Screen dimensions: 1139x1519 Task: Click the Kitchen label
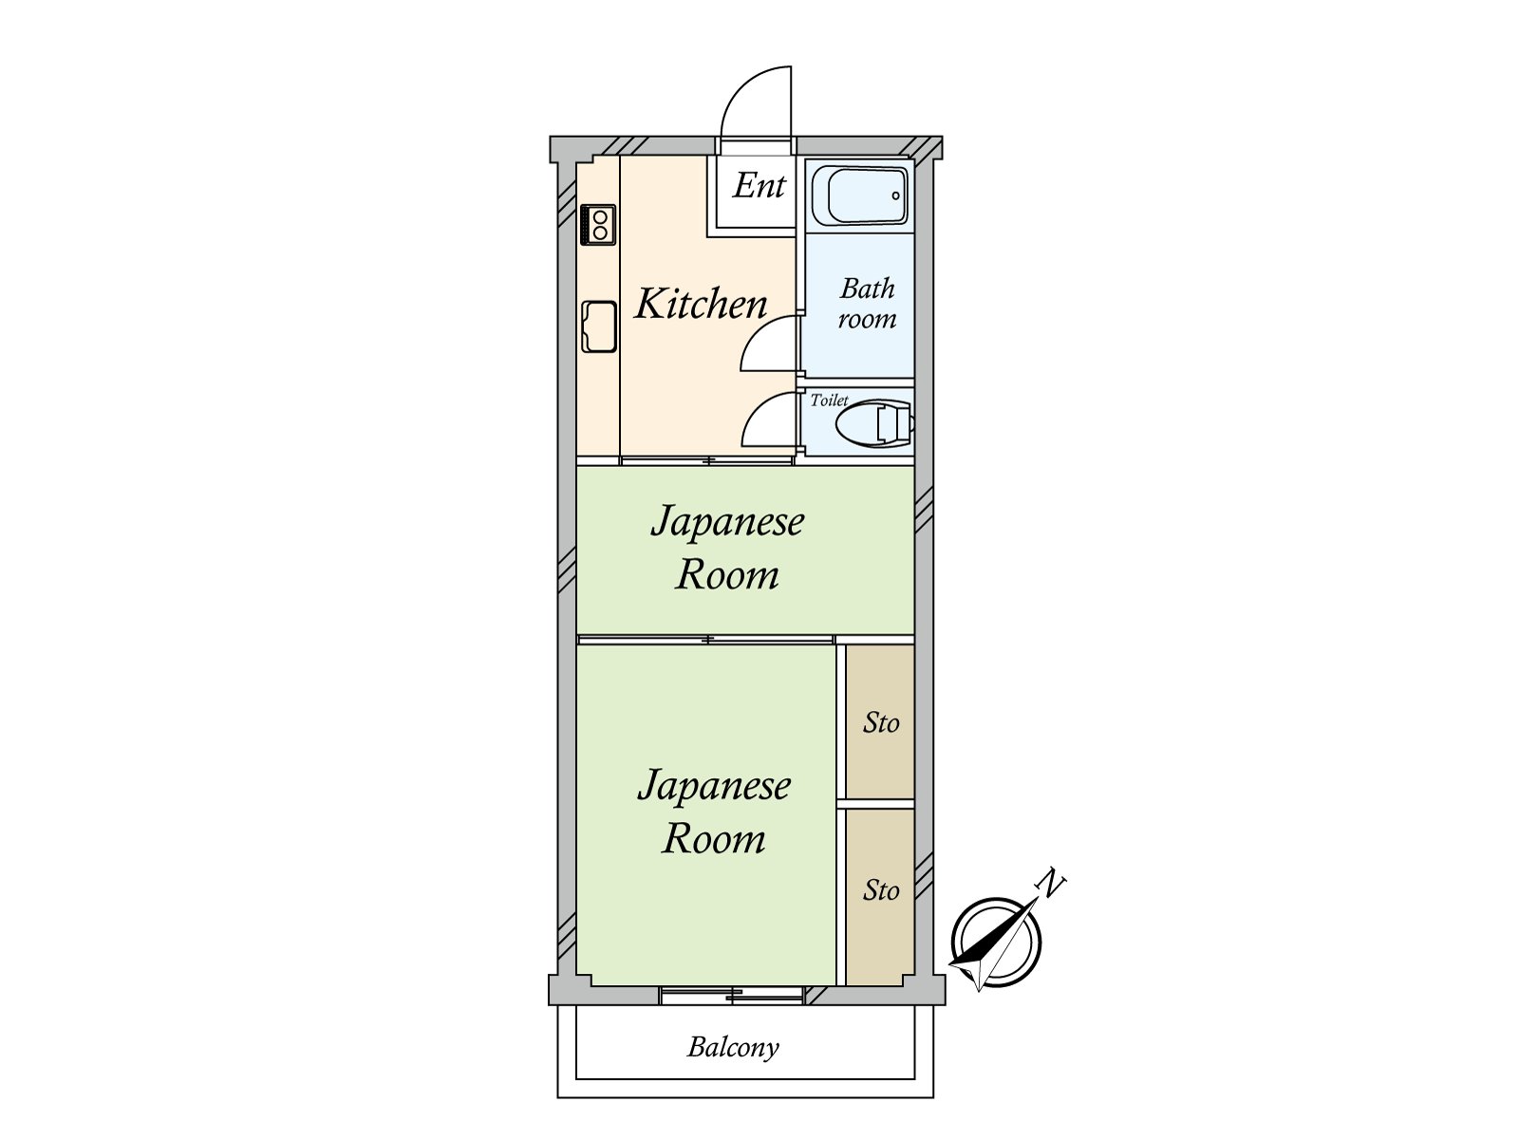pos(701,304)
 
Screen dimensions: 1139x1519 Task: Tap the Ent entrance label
pos(759,185)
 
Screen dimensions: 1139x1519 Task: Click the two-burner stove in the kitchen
pos(599,225)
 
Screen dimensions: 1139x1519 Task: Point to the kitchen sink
pos(599,326)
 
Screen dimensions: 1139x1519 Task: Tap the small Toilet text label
pos(828,400)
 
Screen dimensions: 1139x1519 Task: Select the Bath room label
pos(867,303)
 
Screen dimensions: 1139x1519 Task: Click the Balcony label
pos(733,1047)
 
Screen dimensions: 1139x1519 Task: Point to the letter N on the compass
pos(1051,885)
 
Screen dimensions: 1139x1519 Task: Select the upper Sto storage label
pos(881,723)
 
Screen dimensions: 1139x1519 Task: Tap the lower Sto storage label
pos(881,890)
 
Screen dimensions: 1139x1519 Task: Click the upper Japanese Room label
pos(727,548)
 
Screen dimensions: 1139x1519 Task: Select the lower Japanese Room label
pos(714,812)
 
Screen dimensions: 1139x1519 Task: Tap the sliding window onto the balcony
pos(732,995)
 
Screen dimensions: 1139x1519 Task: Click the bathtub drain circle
pos(895,195)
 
